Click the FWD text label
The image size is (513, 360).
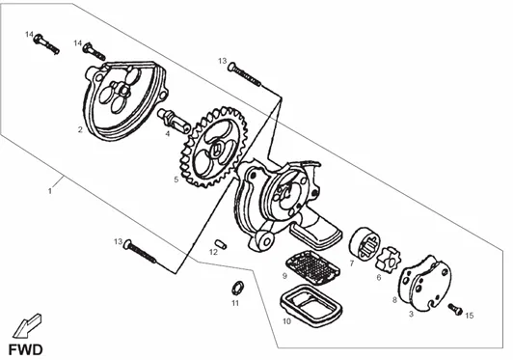click(25, 349)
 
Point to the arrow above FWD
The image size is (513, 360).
click(27, 325)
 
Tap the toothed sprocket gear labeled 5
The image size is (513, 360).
click(214, 147)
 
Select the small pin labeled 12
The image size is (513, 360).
click(221, 244)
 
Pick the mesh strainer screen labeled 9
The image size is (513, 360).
click(312, 266)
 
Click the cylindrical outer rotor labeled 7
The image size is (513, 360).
click(364, 245)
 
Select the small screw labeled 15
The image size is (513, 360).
click(455, 309)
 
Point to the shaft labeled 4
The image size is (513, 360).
click(174, 119)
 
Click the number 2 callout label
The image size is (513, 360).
click(80, 129)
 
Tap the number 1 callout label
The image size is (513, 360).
click(50, 191)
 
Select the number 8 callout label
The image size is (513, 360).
click(394, 300)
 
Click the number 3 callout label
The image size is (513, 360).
click(411, 314)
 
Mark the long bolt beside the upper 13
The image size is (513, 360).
click(244, 74)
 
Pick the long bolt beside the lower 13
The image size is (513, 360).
click(140, 251)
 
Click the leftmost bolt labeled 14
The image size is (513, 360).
click(46, 43)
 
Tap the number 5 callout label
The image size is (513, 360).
click(176, 180)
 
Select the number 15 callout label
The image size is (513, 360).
click(470, 316)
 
